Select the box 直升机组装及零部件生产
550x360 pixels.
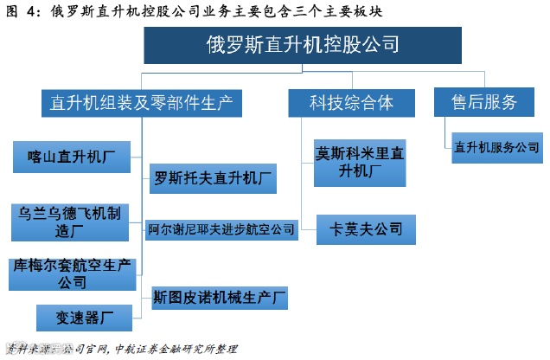point(139,103)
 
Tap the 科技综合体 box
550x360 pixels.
point(351,103)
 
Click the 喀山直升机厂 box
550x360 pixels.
point(73,157)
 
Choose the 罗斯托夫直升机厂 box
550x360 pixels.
point(214,180)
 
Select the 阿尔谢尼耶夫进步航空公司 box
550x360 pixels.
point(221,229)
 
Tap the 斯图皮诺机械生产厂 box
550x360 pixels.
point(219,297)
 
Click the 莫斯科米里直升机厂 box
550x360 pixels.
point(360,162)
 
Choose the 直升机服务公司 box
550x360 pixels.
point(496,147)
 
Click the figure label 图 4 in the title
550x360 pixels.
point(22,12)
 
